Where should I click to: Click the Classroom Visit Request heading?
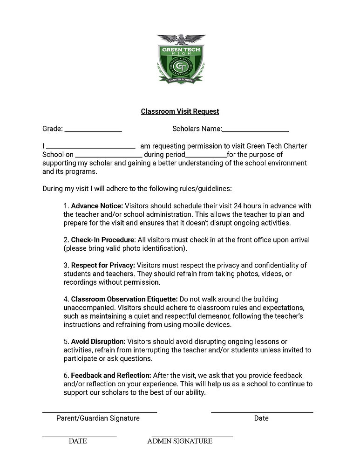(x=180, y=111)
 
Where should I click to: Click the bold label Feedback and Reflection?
(x=111, y=376)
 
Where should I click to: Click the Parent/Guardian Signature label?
(x=98, y=418)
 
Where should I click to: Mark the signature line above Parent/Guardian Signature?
(x=100, y=412)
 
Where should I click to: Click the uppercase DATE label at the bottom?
(x=78, y=441)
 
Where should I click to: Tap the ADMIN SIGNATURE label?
(x=180, y=441)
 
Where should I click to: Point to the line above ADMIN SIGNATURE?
(x=189, y=437)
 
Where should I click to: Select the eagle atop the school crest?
(x=181, y=41)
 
